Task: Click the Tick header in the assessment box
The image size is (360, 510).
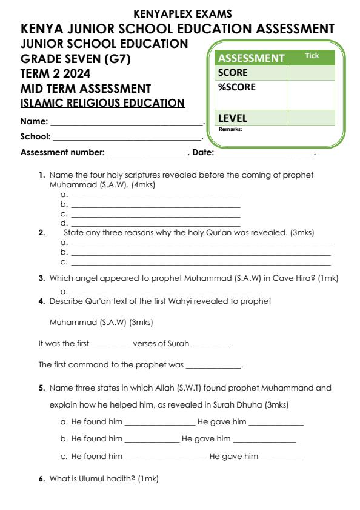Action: coord(312,56)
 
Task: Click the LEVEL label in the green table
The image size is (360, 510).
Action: coord(233,118)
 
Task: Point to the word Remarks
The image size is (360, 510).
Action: coord(230,129)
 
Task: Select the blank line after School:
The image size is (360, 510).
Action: coord(127,138)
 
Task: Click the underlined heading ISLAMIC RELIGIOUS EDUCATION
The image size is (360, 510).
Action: coord(103,103)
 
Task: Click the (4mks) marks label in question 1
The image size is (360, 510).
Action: coord(143,185)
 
